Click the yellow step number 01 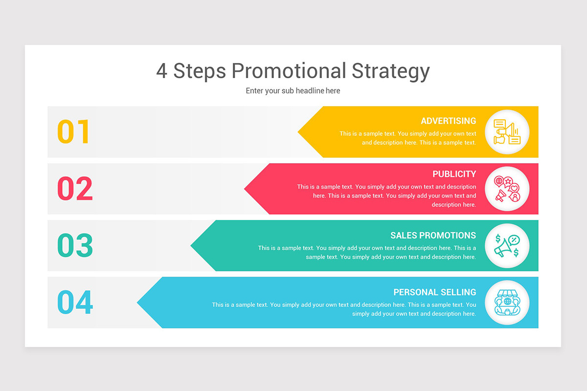click(x=74, y=132)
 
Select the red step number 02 click(x=75, y=189)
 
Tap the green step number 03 click(x=75, y=245)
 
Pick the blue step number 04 click(x=75, y=303)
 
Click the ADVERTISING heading click(x=448, y=121)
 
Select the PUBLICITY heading click(x=454, y=174)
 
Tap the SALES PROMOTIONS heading click(x=433, y=235)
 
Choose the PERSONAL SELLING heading click(x=434, y=292)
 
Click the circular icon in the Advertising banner click(x=507, y=132)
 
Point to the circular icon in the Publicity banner click(x=507, y=189)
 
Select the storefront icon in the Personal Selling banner click(x=507, y=303)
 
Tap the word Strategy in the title click(x=390, y=71)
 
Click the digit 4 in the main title click(x=162, y=71)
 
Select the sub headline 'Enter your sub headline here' click(x=293, y=91)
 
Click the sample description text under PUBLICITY click(x=386, y=195)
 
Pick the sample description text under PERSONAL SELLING click(x=344, y=309)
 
